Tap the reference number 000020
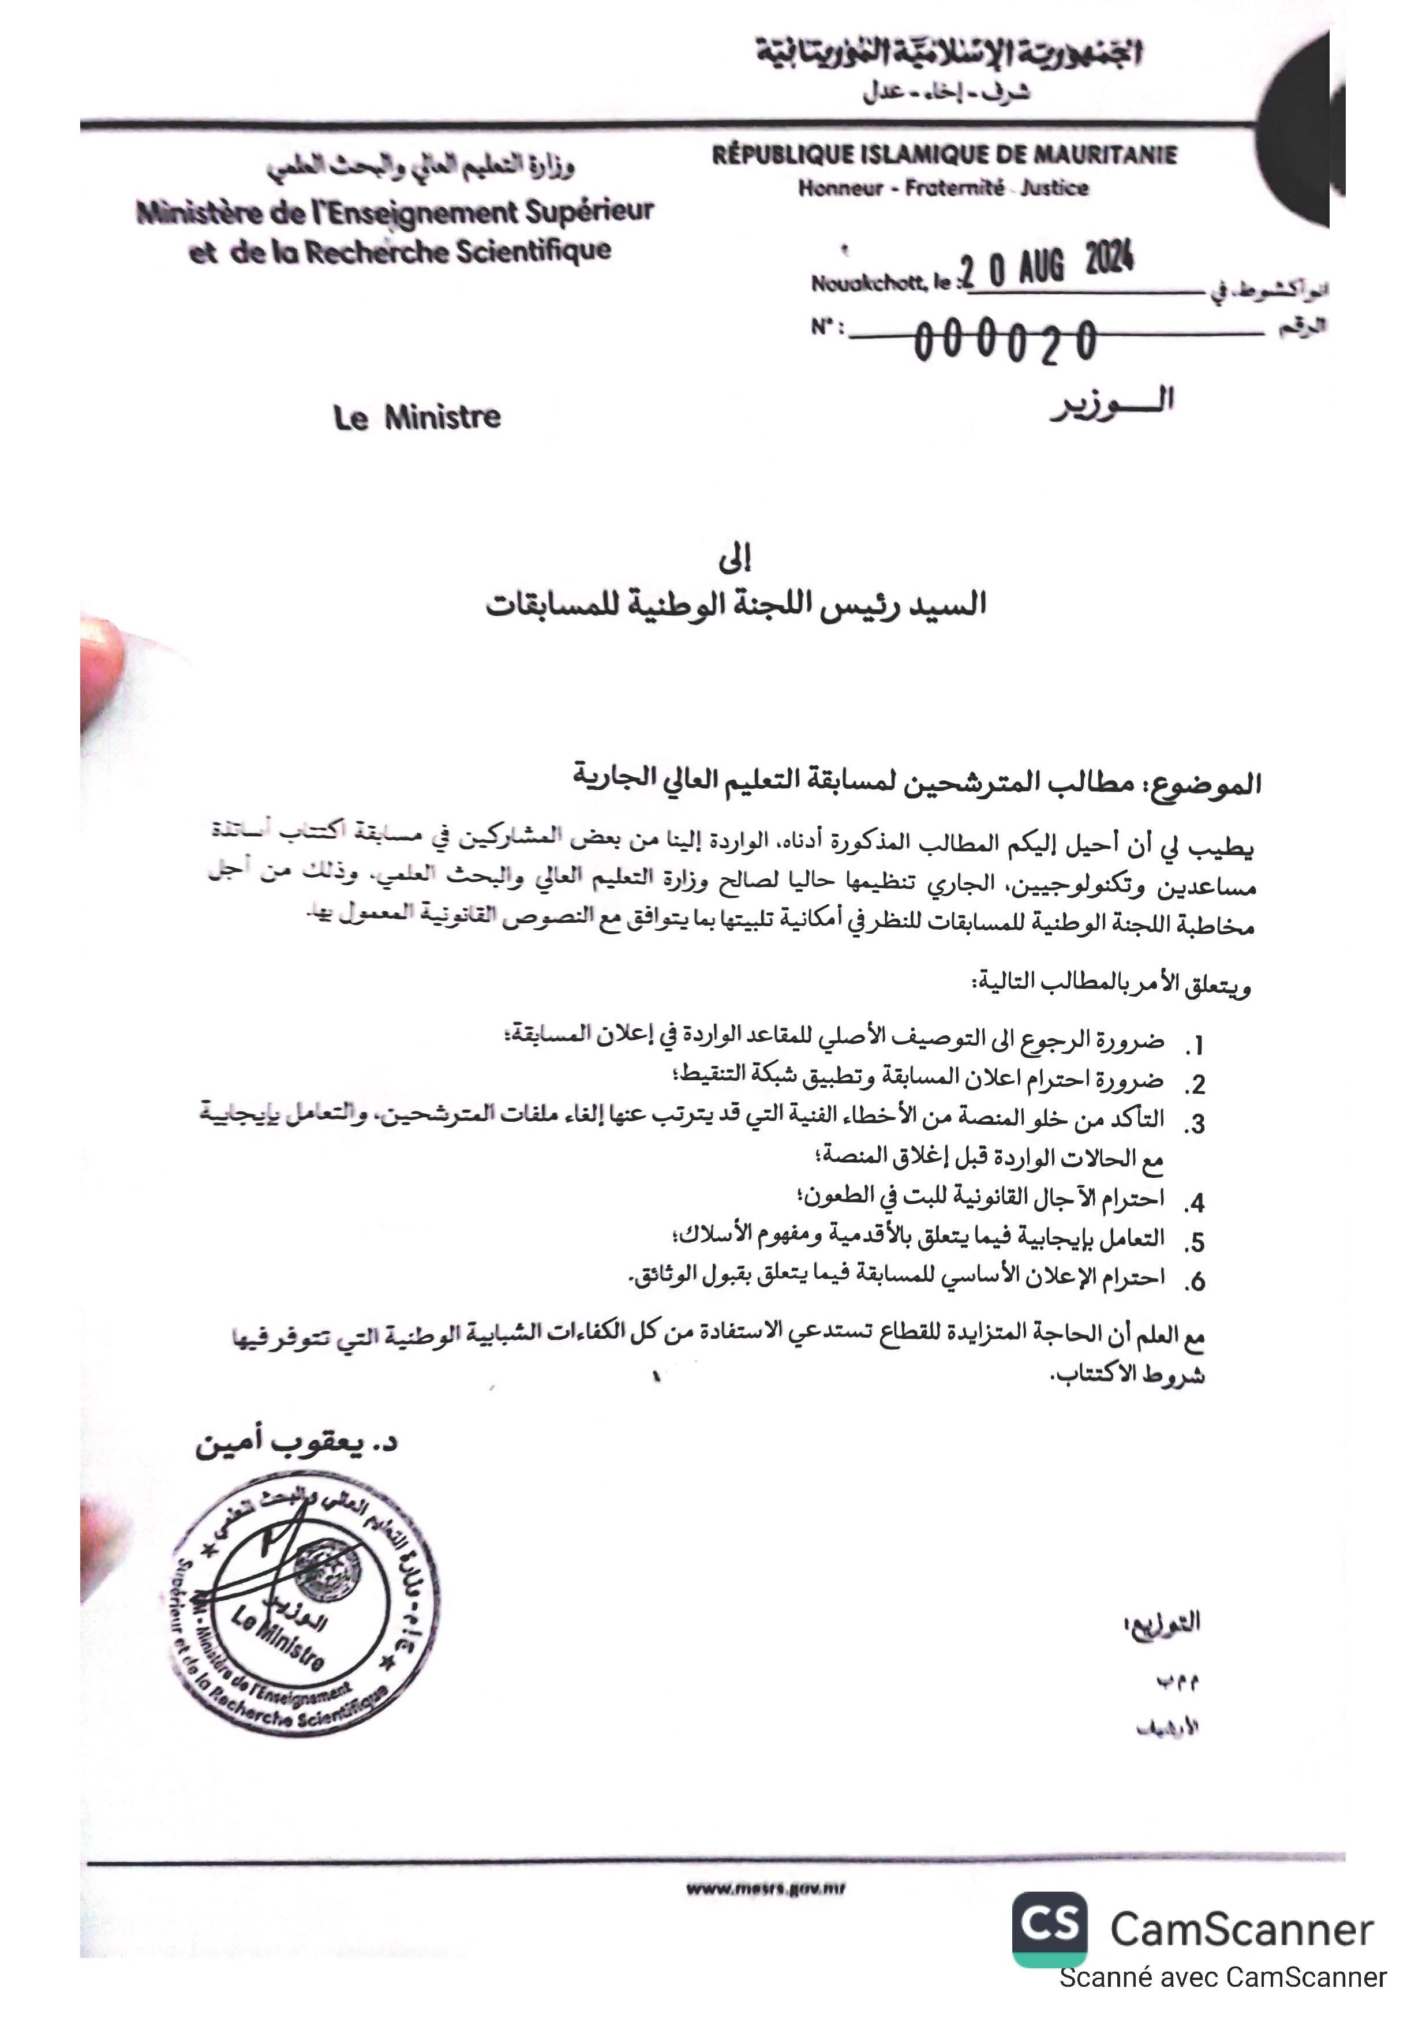[1006, 341]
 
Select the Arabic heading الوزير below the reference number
[1112, 405]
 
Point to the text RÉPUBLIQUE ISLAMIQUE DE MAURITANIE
[944, 156]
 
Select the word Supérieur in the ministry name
[590, 212]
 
